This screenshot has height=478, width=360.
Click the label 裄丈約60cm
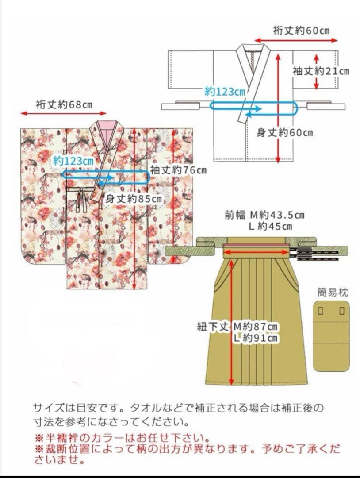(x=302, y=31)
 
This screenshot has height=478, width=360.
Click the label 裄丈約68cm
(x=64, y=105)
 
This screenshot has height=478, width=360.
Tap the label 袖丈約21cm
(x=320, y=71)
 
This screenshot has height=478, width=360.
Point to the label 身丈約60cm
(x=285, y=132)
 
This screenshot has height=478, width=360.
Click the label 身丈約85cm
(x=134, y=199)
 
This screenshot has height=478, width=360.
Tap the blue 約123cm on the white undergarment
(x=225, y=92)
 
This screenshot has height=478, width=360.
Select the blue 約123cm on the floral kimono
(x=73, y=161)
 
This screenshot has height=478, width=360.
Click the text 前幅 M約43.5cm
(x=264, y=215)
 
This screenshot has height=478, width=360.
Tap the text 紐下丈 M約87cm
(x=237, y=327)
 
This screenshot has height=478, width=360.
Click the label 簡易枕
(x=332, y=292)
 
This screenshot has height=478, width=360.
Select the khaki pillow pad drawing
(x=331, y=336)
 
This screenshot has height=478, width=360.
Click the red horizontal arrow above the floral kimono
(x=64, y=114)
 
